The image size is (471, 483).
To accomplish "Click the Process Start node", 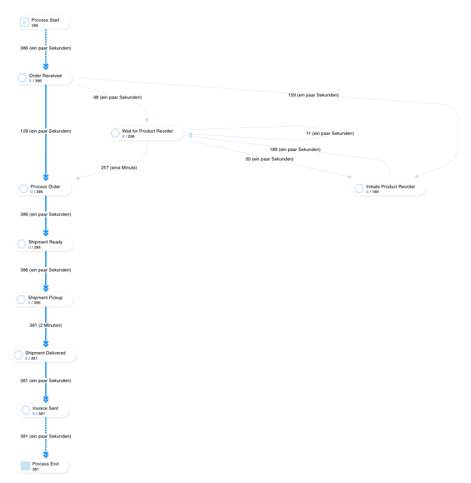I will tap(44, 22).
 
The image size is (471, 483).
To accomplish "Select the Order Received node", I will tap(44, 78).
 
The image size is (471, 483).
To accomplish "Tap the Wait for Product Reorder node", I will tap(147, 134).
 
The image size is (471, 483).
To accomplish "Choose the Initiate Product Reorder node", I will tap(390, 189).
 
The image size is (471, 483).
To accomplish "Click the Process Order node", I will tap(44, 189).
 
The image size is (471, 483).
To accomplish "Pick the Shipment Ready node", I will tap(44, 244).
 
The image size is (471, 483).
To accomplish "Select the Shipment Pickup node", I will tap(44, 300).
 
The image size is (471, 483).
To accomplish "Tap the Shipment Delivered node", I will tap(44, 355).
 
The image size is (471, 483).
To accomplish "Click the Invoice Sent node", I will tap(44, 410).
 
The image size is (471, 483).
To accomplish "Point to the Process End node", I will tap(44, 466).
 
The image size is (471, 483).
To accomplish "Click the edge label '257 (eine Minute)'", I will tap(119, 168).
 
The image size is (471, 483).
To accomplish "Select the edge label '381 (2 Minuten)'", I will tap(46, 325).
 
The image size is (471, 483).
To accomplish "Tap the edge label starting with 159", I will tap(313, 95).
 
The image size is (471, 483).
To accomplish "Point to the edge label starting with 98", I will tap(117, 97).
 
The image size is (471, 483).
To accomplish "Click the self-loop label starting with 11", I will tap(330, 133).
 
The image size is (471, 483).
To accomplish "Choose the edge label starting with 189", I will tap(295, 149).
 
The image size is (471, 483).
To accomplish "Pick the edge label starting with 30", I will tap(269, 159).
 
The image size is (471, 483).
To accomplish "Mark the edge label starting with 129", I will tap(46, 131).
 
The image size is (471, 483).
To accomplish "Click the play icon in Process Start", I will tap(24, 22).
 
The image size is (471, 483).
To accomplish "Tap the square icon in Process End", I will tap(25, 466).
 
